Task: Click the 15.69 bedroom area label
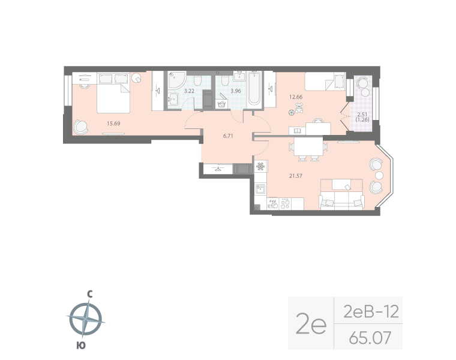tap(113, 124)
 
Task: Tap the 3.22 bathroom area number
tap(188, 91)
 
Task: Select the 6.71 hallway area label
tap(227, 136)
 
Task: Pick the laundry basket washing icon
tap(220, 104)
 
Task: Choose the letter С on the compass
tap(89, 294)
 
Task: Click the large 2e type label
tap(311, 325)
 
